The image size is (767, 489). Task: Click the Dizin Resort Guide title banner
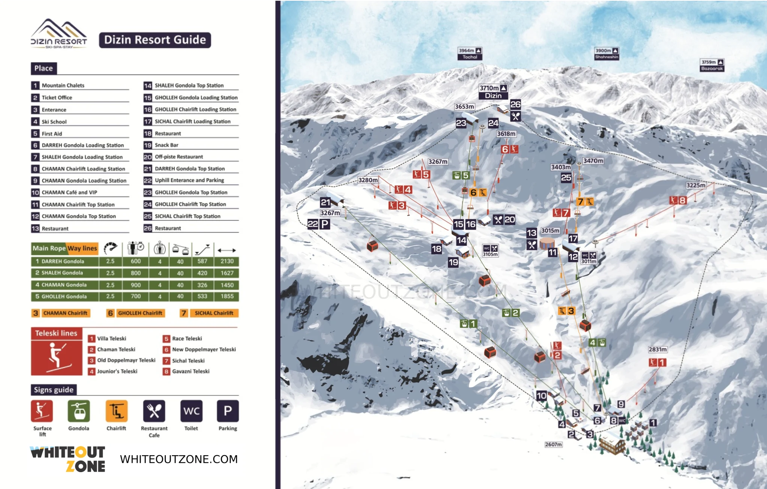155,40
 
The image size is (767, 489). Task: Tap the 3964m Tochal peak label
470,54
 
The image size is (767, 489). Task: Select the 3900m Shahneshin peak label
606,54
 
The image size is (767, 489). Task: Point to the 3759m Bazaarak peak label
712,65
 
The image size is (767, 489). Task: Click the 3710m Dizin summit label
493,92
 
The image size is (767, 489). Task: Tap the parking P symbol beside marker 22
325,224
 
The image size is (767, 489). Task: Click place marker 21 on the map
325,203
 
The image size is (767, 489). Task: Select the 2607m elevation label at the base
553,444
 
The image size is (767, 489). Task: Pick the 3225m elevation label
695,185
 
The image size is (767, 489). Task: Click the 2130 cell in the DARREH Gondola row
227,261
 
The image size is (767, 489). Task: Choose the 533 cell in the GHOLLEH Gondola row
202,296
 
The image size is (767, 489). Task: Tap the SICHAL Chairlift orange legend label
213,313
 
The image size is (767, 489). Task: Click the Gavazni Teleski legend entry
190,371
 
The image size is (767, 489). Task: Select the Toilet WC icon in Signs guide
191,411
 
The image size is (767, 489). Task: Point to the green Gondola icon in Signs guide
79,411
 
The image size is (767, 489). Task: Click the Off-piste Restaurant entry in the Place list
179,157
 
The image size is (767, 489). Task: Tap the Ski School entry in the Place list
54,122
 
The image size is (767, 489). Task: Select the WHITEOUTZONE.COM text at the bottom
179,459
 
